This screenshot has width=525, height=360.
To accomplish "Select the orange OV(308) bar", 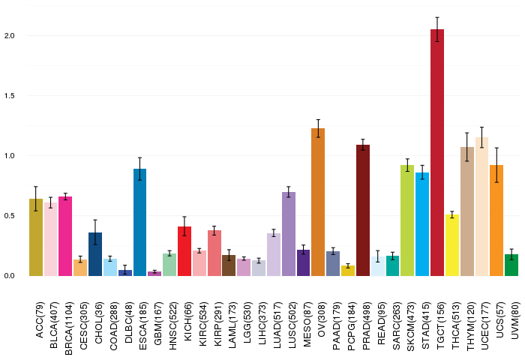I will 318,202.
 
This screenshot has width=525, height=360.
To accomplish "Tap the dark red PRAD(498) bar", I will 362,210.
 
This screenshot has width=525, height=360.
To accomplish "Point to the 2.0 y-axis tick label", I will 9,36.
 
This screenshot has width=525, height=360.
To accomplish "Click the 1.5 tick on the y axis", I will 9,96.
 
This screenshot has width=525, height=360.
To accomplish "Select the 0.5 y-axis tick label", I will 9,216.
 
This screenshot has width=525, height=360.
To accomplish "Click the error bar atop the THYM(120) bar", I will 466,147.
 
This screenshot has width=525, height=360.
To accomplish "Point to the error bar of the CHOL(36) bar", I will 95,232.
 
